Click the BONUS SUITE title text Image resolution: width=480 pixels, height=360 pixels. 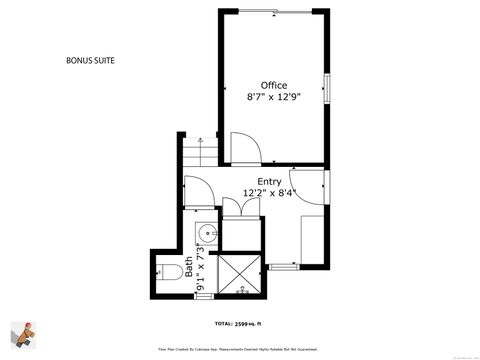coord(89,61)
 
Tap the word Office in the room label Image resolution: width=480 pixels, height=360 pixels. coord(274,85)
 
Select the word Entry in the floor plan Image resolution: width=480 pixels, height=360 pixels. coord(269,181)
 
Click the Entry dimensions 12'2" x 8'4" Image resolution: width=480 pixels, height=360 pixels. coord(270,193)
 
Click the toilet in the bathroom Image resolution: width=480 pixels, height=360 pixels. coord(169,272)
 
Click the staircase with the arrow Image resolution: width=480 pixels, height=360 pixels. coord(199,152)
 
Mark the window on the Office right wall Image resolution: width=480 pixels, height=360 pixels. coord(327,86)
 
